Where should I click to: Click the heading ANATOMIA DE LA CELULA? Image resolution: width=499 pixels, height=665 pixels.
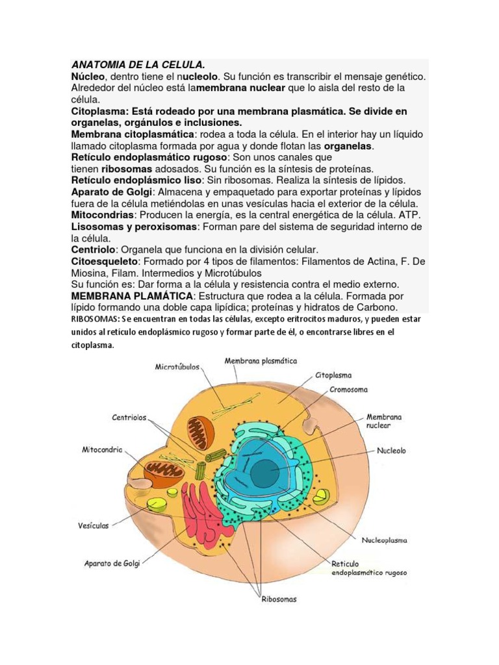(138, 65)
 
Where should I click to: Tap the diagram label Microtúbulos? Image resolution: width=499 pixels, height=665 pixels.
(177, 367)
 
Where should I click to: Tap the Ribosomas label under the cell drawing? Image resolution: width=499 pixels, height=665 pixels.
(279, 599)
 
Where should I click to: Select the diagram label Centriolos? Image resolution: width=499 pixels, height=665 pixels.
(129, 418)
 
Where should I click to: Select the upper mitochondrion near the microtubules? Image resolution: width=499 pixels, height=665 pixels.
(200, 433)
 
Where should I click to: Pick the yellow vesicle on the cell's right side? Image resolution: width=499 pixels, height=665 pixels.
(321, 498)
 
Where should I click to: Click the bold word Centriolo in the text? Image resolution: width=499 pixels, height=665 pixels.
(94, 249)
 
